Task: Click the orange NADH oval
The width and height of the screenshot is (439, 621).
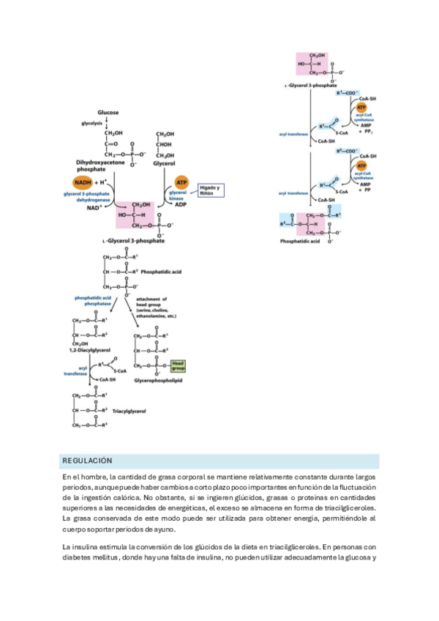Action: (x=83, y=182)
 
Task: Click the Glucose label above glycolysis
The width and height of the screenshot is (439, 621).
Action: (x=108, y=113)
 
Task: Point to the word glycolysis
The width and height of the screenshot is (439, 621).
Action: (x=91, y=124)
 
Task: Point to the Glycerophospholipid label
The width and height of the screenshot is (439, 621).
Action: (x=158, y=380)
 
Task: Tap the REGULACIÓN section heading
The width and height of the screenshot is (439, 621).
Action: (x=87, y=461)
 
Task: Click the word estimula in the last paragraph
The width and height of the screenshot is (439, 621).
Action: (x=111, y=547)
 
